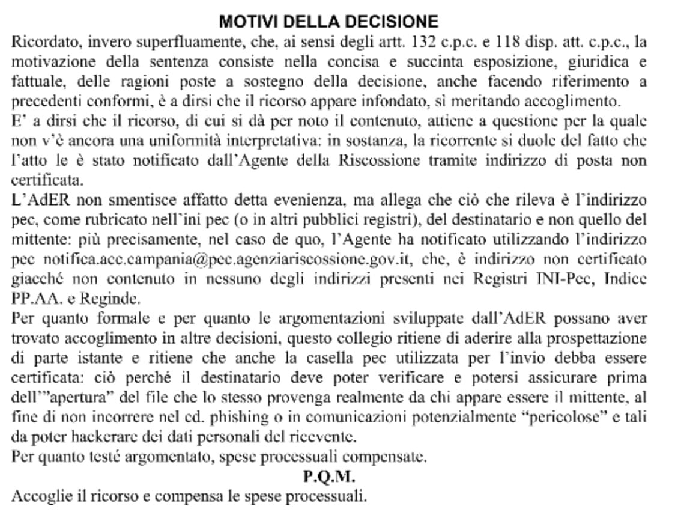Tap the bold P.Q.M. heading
328,477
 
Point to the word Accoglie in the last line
40,496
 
